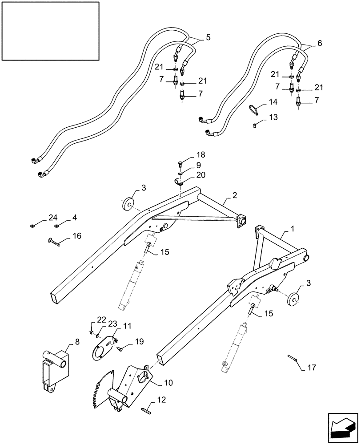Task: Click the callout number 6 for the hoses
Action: (x=320, y=44)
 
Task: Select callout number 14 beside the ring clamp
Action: (x=272, y=103)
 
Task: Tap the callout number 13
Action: (x=272, y=117)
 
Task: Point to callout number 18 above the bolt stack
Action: (x=201, y=154)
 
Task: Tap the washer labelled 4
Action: (x=57, y=226)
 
